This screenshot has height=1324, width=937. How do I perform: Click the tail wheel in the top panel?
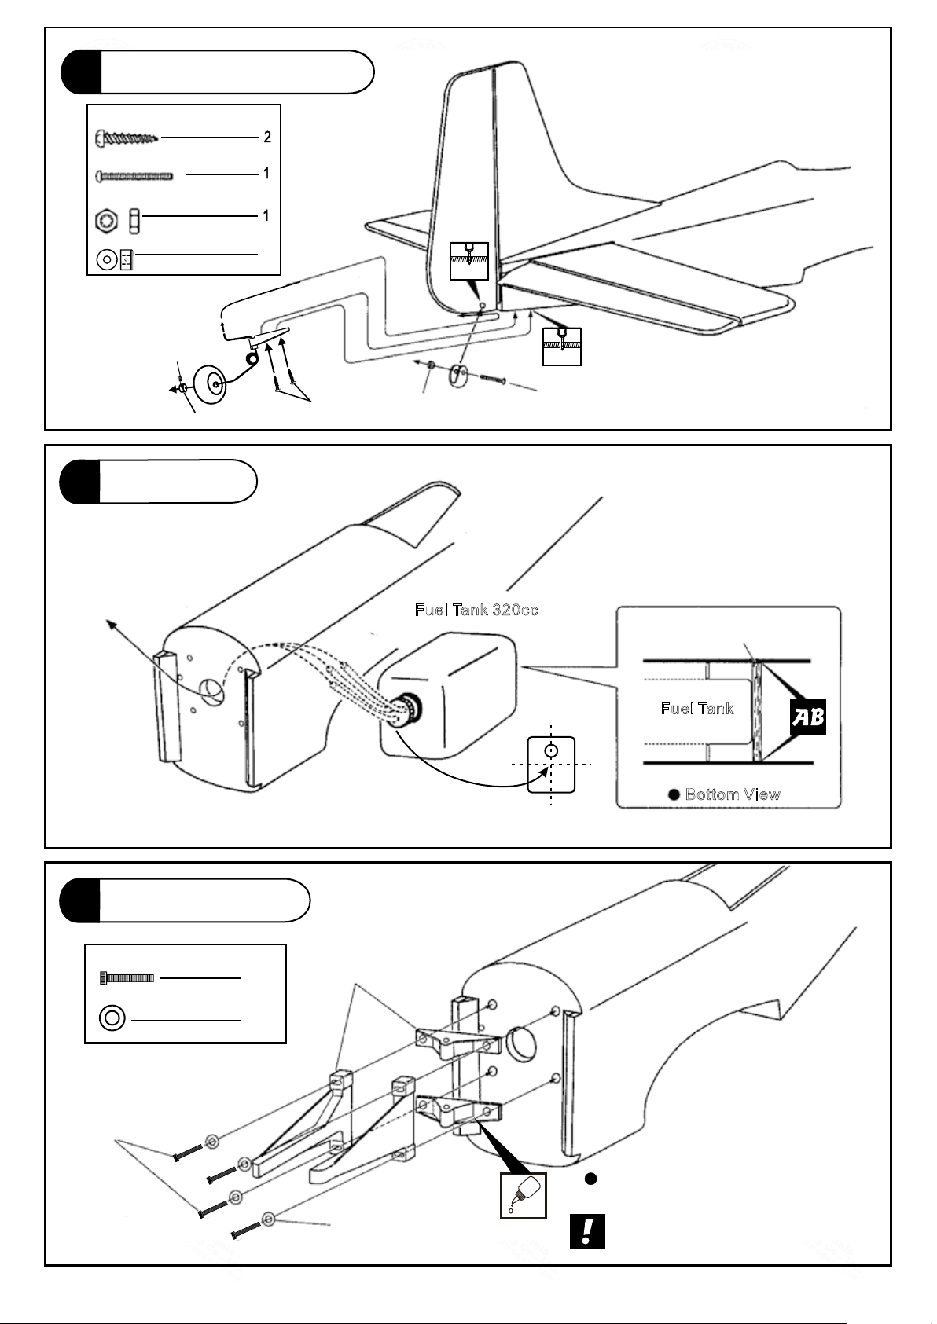(209, 385)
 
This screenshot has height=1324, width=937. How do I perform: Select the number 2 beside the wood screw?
(267, 138)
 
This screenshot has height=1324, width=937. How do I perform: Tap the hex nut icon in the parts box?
(106, 221)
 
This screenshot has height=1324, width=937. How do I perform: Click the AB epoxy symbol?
(808, 717)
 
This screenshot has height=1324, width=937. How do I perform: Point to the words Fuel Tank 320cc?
(476, 610)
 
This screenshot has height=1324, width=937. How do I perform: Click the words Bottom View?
(733, 794)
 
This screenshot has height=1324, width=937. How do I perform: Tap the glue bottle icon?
(524, 1196)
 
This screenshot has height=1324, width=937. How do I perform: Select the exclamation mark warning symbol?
(587, 1232)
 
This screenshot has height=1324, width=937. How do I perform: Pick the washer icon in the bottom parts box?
(112, 1018)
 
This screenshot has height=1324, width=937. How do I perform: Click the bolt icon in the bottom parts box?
(127, 978)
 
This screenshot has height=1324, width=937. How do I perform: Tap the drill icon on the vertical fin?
(469, 261)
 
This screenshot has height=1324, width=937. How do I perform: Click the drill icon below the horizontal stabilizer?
(561, 347)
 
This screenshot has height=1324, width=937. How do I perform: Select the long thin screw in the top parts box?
(134, 175)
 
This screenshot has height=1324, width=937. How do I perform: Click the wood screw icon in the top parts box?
(127, 138)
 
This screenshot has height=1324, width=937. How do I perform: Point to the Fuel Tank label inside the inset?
(697, 709)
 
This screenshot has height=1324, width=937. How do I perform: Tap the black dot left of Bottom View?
(674, 794)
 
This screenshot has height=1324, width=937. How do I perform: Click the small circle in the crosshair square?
(551, 750)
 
